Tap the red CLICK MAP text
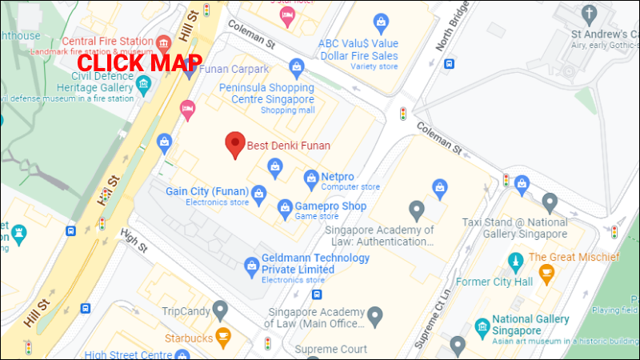pyautogui.click(x=139, y=62)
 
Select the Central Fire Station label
pyautogui.click(x=107, y=42)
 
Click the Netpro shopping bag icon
pyautogui.click(x=311, y=176)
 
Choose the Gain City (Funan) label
pyautogui.click(x=206, y=191)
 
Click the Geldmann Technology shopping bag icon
pyautogui.click(x=249, y=264)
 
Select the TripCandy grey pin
pyautogui.click(x=220, y=309)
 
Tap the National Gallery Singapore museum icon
pyautogui.click(x=482, y=327)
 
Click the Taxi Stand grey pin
pyautogui.click(x=549, y=201)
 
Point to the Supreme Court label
pyautogui.click(x=330, y=350)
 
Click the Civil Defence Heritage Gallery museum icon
pyautogui.click(x=143, y=82)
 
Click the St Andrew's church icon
pyautogui.click(x=589, y=14)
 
